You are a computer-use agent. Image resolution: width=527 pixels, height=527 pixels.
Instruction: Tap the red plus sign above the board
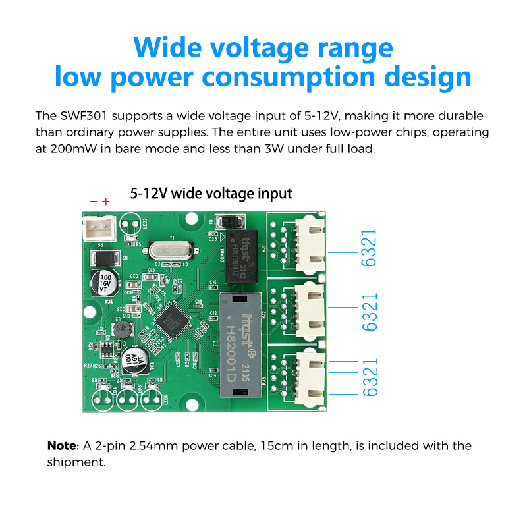106,201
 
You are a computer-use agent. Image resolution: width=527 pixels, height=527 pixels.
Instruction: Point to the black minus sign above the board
93,201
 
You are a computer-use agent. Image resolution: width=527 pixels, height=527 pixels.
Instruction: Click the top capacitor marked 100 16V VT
105,279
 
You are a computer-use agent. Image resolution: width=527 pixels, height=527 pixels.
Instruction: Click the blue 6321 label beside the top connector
369,247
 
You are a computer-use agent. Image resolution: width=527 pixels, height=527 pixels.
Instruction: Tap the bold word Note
63,446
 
